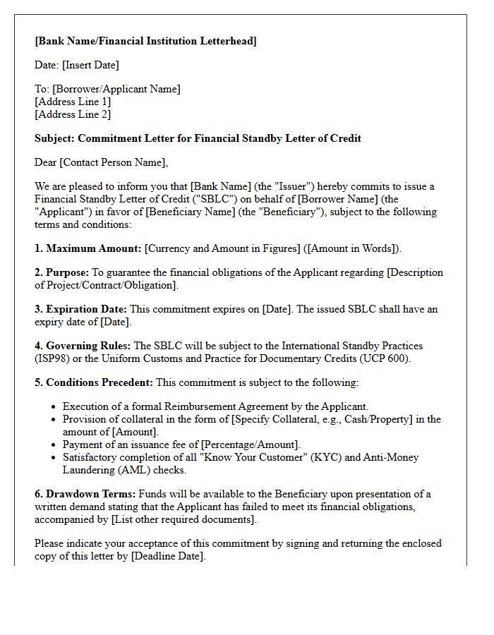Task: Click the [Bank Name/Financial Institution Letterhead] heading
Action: [x=145, y=41]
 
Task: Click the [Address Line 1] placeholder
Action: [x=73, y=102]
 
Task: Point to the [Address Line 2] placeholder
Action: [x=73, y=114]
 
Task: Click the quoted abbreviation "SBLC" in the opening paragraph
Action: [x=202, y=199]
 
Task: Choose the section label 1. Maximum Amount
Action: [x=88, y=248]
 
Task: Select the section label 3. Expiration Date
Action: [x=80, y=309]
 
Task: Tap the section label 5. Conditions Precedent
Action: [x=93, y=382]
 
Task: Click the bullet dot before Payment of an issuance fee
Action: [x=54, y=445]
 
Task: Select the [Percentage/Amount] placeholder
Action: [x=250, y=445]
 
